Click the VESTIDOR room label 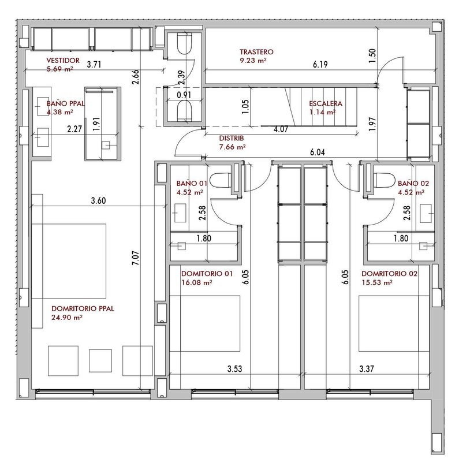(x=63, y=61)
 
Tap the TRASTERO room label (x=256, y=52)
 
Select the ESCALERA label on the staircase (x=326, y=103)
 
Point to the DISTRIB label (x=232, y=138)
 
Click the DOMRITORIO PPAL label (x=83, y=308)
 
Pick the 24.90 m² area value (x=67, y=317)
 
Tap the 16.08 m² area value (x=197, y=282)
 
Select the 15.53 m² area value (x=377, y=282)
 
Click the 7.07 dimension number (x=136, y=258)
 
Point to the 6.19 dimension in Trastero (x=320, y=64)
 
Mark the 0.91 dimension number (x=184, y=95)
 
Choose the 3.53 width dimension (x=234, y=368)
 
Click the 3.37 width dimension (x=367, y=368)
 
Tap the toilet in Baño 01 (x=221, y=180)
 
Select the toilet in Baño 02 (x=384, y=180)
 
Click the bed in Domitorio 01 (x=205, y=323)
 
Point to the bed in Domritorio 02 (x=394, y=323)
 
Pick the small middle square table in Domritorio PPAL (x=100, y=360)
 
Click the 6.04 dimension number (x=318, y=152)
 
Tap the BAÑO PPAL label (x=65, y=103)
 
